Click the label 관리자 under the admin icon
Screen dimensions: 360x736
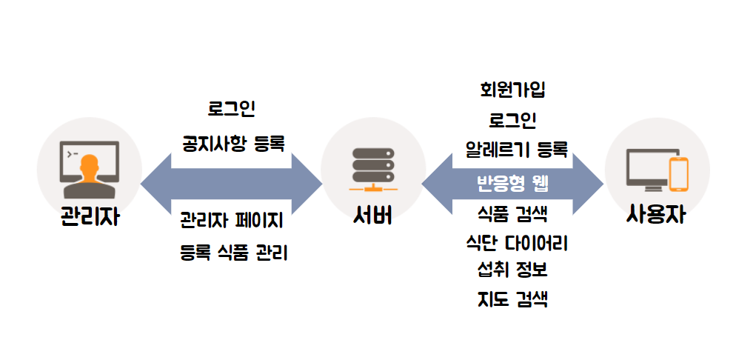coord(89,219)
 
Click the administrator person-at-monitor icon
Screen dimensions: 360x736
coord(90,167)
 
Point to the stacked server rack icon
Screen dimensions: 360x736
coord(373,166)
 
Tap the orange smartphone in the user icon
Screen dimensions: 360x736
coord(679,173)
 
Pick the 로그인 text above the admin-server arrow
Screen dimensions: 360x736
coord(232,110)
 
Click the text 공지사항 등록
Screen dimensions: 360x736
coord(233,143)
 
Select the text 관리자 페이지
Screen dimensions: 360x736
coord(231,220)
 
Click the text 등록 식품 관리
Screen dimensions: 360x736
coord(233,253)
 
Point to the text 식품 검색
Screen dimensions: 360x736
coord(512,216)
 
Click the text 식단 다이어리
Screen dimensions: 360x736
coord(516,242)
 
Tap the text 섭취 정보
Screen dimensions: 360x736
coord(512,269)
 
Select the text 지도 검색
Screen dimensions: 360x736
coord(512,299)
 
